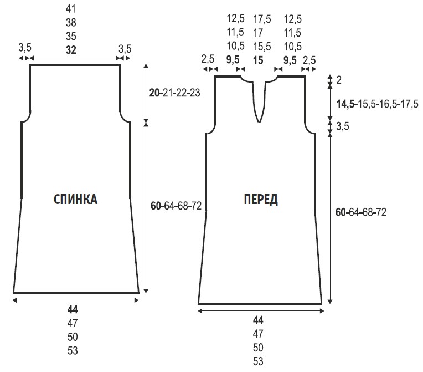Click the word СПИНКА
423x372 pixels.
[75, 200]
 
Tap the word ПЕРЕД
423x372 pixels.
[261, 200]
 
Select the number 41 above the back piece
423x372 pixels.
[71, 9]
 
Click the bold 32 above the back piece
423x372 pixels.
[71, 50]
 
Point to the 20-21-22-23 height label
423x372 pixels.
[175, 93]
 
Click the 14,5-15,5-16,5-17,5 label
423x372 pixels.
[378, 104]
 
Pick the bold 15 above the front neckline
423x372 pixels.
[258, 60]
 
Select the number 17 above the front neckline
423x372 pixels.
[258, 33]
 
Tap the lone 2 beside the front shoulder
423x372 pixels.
[339, 80]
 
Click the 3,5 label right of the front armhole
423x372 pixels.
[343, 126]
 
